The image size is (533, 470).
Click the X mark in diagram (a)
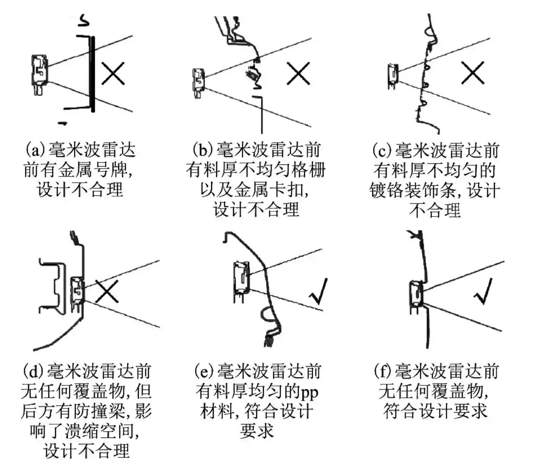tap(113, 73)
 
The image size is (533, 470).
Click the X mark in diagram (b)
tap(298, 73)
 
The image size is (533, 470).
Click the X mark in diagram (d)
tap(107, 291)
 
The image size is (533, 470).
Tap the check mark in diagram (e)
tap(319, 291)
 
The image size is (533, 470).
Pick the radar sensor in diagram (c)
tap(393, 76)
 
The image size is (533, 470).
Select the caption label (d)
tap(33, 371)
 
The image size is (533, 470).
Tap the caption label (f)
tap(384, 371)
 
